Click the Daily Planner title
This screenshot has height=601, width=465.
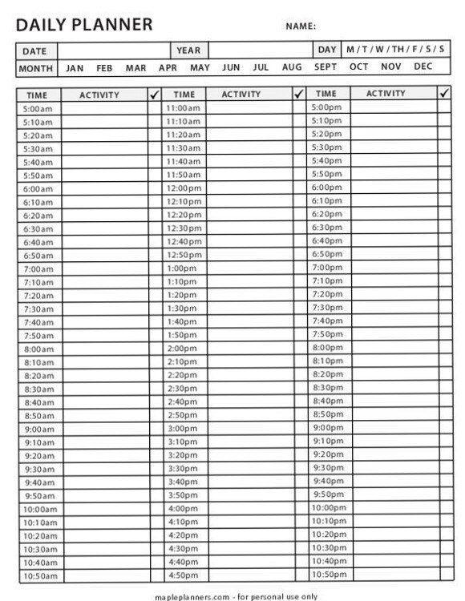point(84,25)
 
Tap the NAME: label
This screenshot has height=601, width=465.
point(301,26)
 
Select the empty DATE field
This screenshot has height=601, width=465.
point(113,50)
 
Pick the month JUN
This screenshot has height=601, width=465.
point(231,67)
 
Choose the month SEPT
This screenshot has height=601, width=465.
point(325,67)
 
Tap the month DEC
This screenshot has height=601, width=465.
point(423,67)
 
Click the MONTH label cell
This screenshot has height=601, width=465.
point(37,68)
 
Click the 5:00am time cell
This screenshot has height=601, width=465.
point(38,109)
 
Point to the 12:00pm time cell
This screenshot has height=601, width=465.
point(184,188)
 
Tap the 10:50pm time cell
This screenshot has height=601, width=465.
point(328,575)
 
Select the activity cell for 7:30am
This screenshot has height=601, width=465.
point(103,309)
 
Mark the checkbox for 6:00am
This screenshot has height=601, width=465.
point(155,189)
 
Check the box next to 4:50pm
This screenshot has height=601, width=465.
point(300,575)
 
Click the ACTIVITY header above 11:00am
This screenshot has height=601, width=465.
point(241,95)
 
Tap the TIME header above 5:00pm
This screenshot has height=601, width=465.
point(326,94)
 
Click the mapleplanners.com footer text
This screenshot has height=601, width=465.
point(236,596)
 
